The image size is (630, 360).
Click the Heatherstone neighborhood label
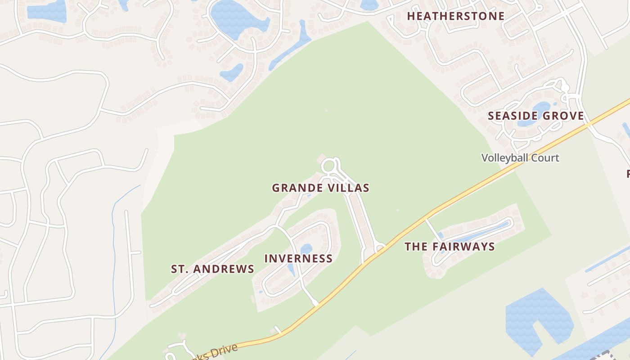455,16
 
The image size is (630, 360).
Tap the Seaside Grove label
535,116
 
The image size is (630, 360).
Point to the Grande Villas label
320,188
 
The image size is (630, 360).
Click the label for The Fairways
450,247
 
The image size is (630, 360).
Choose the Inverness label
298,259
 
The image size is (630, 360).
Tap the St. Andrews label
212,269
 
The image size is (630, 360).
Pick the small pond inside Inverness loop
306,249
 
